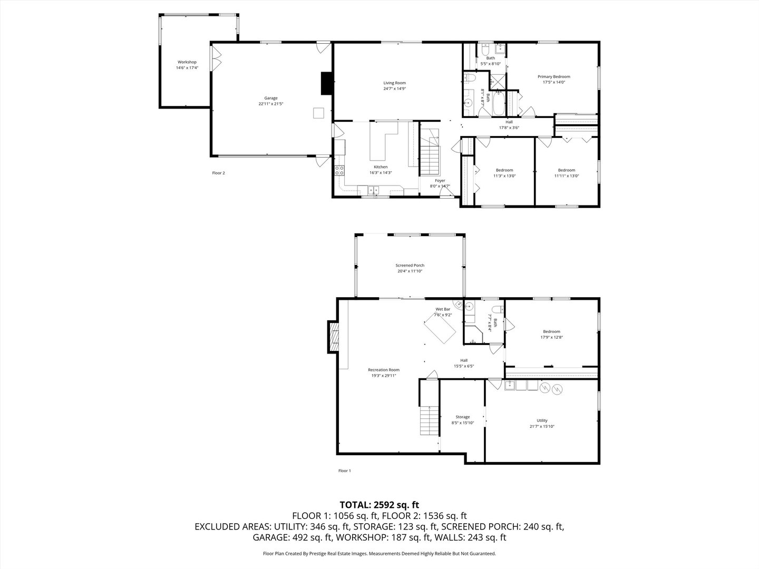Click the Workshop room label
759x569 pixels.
(x=187, y=62)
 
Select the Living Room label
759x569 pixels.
(x=394, y=83)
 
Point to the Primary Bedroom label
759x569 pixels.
(x=553, y=76)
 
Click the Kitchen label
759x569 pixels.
(x=381, y=167)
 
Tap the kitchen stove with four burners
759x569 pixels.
(x=340, y=170)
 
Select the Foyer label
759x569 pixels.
(x=440, y=181)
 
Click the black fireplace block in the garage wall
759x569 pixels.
(x=327, y=83)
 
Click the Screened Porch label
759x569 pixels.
(x=410, y=266)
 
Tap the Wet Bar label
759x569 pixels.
(x=443, y=309)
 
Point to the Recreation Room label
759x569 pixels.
(x=383, y=370)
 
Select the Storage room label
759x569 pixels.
(x=462, y=417)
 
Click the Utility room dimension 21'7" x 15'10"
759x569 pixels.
(x=542, y=426)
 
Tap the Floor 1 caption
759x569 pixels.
(x=344, y=470)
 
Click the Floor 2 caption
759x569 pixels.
(x=218, y=173)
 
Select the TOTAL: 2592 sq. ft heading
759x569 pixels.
(x=379, y=505)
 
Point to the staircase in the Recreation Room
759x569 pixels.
(x=430, y=420)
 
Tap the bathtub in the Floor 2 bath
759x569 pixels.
(x=498, y=104)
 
